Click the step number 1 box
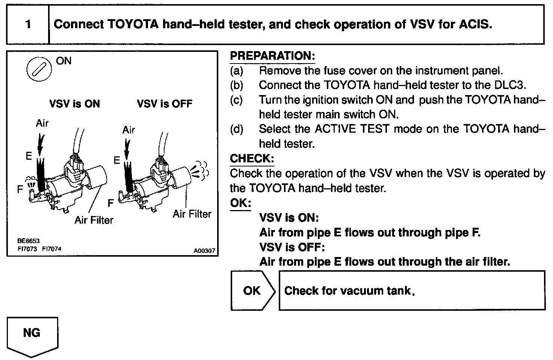click(x=28, y=24)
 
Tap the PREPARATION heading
click(x=272, y=56)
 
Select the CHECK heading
click(x=252, y=158)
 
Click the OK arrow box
click(x=252, y=290)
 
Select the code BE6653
click(x=28, y=241)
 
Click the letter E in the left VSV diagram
click(x=29, y=156)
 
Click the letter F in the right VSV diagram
click(x=110, y=203)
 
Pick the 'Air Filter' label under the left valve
click(x=94, y=220)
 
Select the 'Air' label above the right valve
click(x=128, y=130)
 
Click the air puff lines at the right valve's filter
click(x=200, y=170)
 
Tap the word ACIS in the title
click(x=475, y=24)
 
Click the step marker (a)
click(x=237, y=71)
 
